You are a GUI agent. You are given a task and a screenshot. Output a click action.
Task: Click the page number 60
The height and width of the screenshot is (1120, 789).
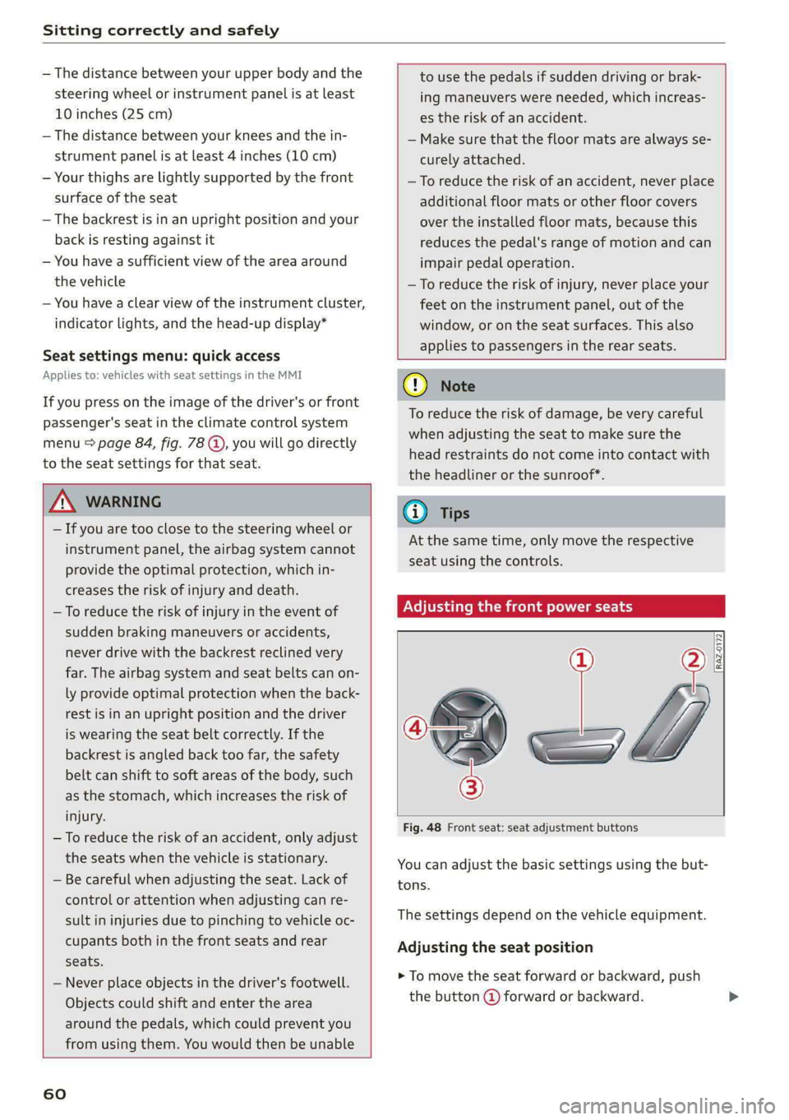(x=54, y=1094)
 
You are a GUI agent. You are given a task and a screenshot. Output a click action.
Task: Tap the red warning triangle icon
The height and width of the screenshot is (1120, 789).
(x=62, y=501)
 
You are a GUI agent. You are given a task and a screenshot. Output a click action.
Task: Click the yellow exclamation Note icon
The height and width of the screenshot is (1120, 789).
(x=415, y=385)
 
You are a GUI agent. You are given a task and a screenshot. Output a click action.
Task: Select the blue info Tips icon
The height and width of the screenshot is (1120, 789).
(x=415, y=513)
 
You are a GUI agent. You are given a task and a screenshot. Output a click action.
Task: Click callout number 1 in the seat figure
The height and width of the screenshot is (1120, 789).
(x=581, y=660)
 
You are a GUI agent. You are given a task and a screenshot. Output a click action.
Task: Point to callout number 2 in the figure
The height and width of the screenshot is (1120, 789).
(x=694, y=660)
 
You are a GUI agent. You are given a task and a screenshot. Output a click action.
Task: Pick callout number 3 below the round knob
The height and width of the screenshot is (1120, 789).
(x=471, y=787)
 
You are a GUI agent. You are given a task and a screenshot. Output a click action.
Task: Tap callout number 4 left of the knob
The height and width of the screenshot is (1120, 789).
(x=415, y=727)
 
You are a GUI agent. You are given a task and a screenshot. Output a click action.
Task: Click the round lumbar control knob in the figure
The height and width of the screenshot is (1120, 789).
(x=470, y=729)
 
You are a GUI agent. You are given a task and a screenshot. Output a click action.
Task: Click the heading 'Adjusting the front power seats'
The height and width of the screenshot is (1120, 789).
(x=518, y=606)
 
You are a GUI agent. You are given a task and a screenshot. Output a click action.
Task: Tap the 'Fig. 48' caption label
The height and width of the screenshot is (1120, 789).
(x=422, y=827)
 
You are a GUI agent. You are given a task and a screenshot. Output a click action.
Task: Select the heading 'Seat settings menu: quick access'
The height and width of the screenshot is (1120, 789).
(x=161, y=356)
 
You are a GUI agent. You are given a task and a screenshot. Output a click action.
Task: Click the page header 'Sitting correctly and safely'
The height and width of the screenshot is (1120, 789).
(x=161, y=30)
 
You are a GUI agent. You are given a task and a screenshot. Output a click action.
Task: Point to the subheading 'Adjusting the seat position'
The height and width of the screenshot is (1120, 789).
(x=495, y=947)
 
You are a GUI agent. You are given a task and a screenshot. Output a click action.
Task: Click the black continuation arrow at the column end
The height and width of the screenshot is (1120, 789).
(x=733, y=997)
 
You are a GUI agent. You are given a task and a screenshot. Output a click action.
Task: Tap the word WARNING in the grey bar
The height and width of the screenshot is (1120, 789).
(x=123, y=501)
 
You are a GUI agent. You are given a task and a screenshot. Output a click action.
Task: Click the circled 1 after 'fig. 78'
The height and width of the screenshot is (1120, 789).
(x=216, y=444)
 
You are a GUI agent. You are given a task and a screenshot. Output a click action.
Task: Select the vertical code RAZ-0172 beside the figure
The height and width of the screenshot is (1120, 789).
(x=718, y=652)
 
